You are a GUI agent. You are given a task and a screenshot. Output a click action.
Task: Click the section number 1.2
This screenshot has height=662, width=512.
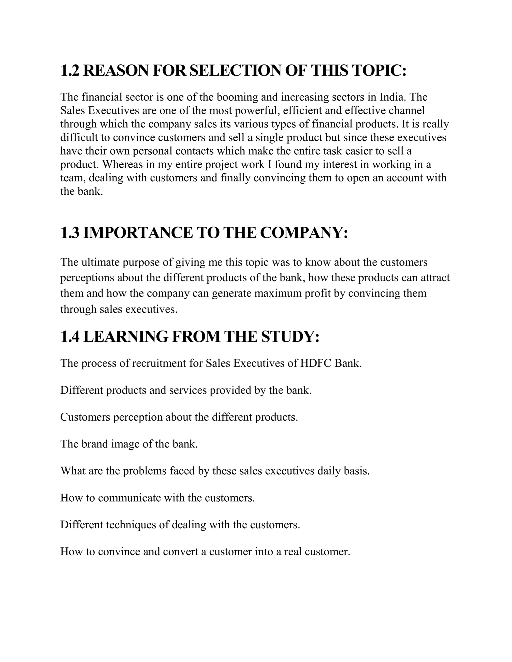point(70,71)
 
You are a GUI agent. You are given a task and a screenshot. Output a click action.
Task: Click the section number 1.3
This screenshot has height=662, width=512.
point(70,233)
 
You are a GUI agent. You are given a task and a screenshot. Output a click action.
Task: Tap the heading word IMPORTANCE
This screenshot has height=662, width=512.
point(138,233)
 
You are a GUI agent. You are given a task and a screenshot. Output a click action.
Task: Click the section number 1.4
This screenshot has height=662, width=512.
point(70,337)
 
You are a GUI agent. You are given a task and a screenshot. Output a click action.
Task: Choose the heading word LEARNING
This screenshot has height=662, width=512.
point(125,337)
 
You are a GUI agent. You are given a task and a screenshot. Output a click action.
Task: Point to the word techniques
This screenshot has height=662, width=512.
point(137,525)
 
